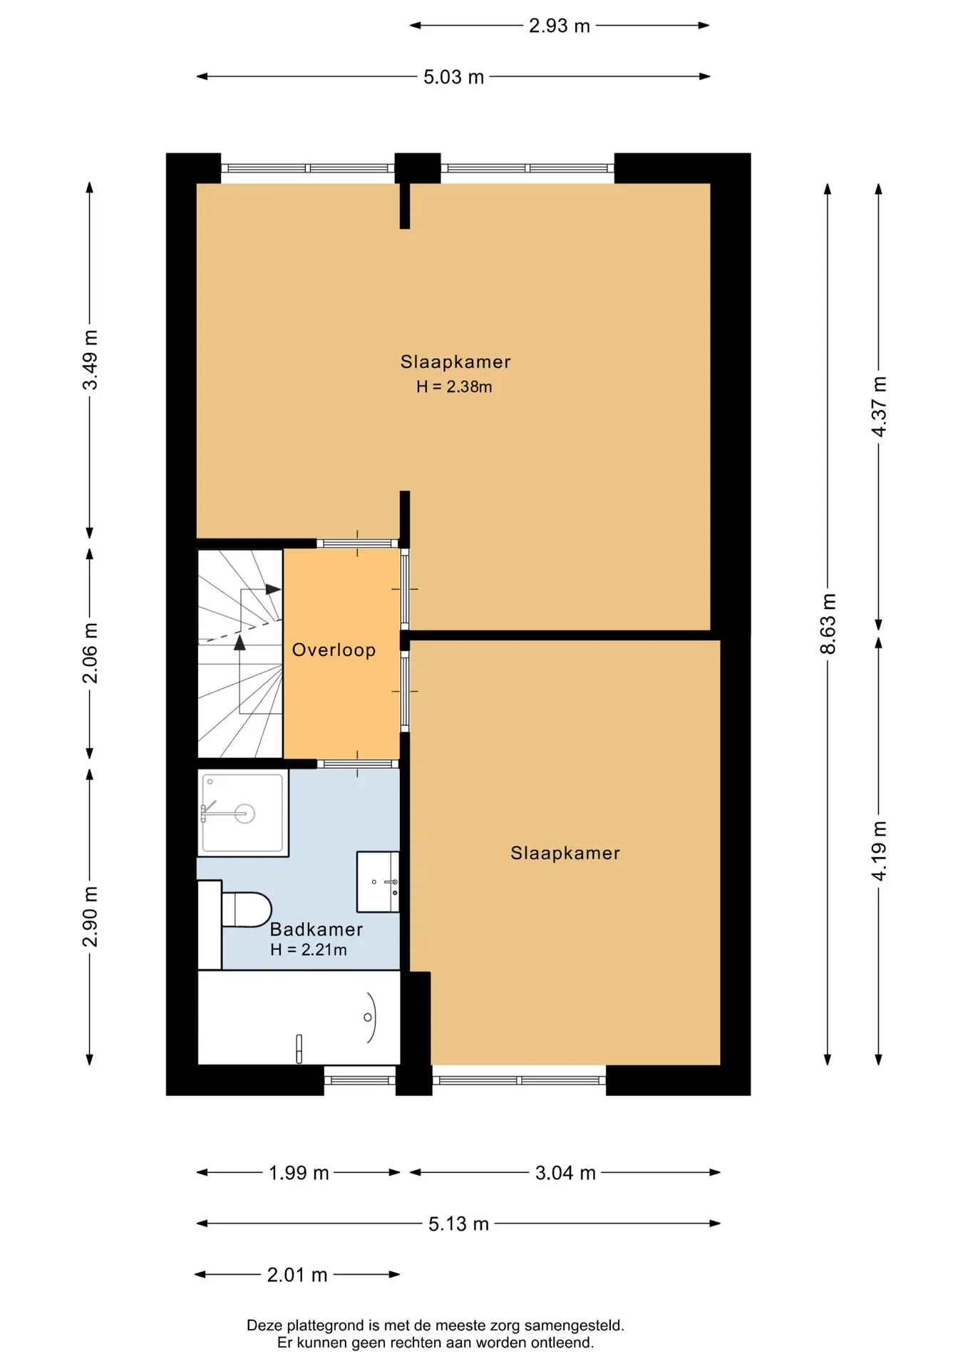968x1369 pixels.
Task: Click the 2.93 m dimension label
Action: coord(560,26)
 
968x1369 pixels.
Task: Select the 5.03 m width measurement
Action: coord(453,77)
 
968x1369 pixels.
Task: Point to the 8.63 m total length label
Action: coord(828,624)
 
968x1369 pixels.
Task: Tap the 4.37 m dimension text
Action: coord(879,406)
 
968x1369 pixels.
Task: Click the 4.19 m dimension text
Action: coord(879,851)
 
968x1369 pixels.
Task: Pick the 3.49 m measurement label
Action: coord(90,360)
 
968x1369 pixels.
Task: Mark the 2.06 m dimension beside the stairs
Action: coord(90,653)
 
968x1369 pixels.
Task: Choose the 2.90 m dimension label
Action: coord(90,917)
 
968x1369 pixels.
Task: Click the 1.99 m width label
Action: coord(299,1173)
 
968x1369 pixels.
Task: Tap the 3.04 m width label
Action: coord(565,1173)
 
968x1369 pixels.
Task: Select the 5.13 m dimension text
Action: coord(458,1224)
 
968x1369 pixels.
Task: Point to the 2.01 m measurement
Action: coord(297,1275)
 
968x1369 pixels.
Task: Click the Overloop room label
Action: coord(334,650)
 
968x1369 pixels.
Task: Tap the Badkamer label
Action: coord(316,929)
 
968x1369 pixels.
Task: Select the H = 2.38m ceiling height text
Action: coord(454,386)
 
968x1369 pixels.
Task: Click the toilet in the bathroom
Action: coord(246,910)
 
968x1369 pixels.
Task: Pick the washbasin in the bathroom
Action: coord(378,881)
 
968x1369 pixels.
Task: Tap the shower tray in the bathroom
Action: coord(243,813)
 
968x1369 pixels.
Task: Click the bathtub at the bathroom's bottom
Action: coord(299,1017)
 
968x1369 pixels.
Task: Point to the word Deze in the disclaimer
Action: coord(264,1326)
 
